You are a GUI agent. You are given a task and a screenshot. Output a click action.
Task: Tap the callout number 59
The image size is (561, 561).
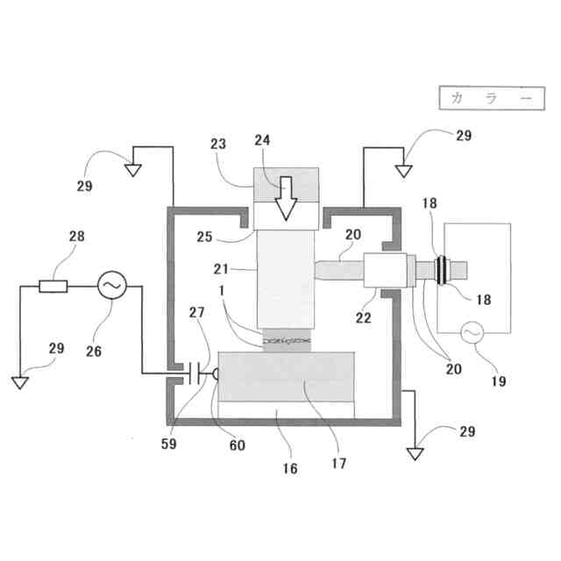click(x=169, y=444)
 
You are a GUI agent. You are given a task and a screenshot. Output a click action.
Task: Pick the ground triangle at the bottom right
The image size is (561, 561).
click(x=416, y=453)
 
